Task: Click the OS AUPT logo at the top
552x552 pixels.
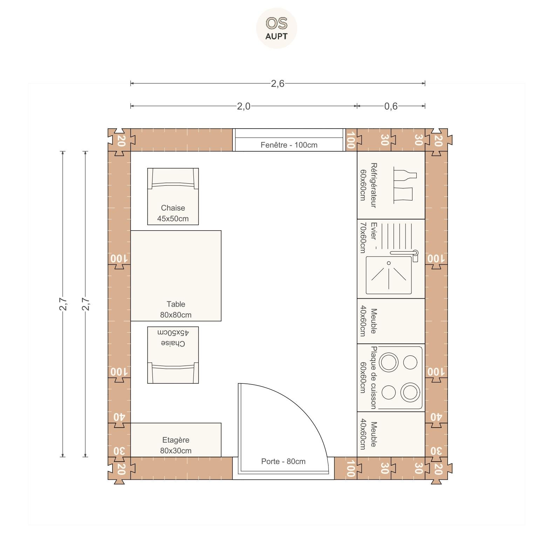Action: click(x=277, y=28)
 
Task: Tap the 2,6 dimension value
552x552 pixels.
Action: click(x=278, y=84)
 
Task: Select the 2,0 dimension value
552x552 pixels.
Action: click(x=244, y=106)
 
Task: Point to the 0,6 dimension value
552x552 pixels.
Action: click(x=391, y=106)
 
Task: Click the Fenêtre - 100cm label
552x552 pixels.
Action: click(x=289, y=145)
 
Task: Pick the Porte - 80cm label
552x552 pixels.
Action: click(x=283, y=462)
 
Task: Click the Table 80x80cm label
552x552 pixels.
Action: click(x=176, y=309)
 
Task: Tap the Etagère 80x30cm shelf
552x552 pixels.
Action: click(x=176, y=440)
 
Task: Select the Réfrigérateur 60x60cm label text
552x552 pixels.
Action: click(x=368, y=185)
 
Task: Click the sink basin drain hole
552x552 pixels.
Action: click(x=389, y=263)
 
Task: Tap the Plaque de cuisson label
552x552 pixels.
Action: click(x=374, y=377)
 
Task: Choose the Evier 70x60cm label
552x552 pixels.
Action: click(x=368, y=237)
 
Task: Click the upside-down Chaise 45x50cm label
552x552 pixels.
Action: click(x=173, y=338)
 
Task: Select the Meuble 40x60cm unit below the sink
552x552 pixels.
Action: click(x=391, y=321)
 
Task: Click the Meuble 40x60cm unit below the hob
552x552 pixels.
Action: click(x=391, y=435)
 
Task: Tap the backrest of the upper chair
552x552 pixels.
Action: click(x=173, y=185)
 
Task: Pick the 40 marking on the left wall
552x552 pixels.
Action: click(x=119, y=417)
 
